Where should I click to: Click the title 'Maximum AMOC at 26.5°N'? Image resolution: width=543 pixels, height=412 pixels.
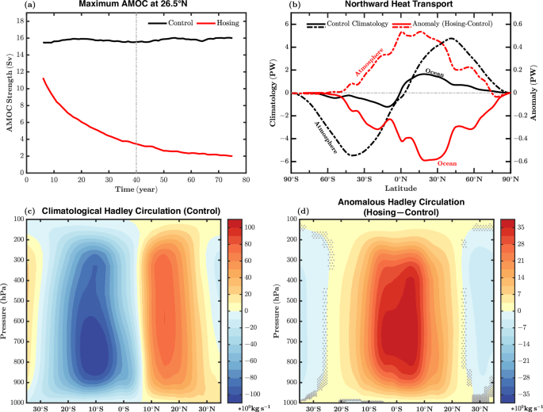(x=136, y=6)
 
